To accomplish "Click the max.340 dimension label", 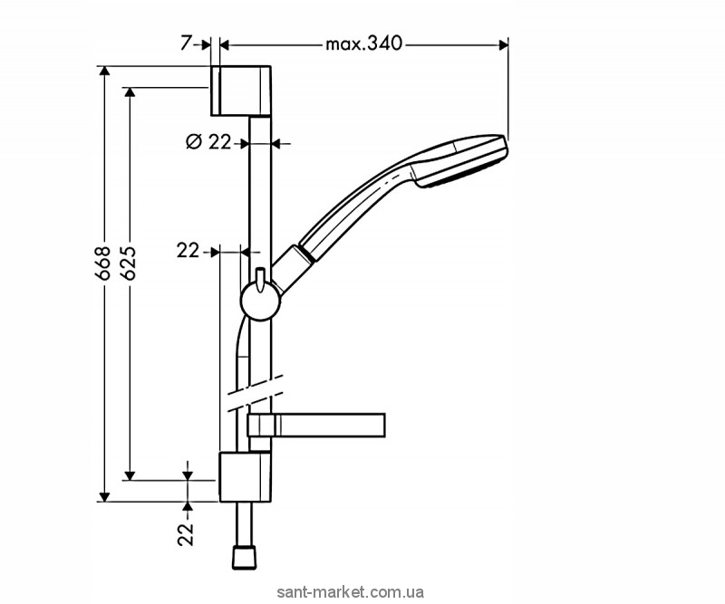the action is tap(364, 43).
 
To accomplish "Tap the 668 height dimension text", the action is tap(103, 263).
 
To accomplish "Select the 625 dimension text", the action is tap(129, 263).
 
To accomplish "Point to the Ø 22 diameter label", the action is tap(208, 142).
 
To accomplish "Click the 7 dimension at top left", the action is tap(186, 43).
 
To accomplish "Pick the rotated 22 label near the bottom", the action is tap(187, 534).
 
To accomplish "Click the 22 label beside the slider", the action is tap(188, 251).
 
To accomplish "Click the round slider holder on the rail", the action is tap(260, 302).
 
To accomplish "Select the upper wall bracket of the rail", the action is tap(241, 91).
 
